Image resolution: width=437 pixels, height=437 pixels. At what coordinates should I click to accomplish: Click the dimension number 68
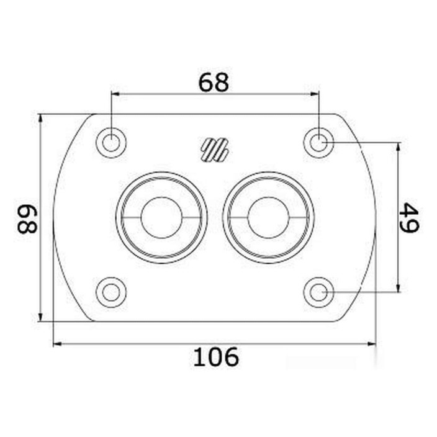pyautogui.click(x=214, y=83)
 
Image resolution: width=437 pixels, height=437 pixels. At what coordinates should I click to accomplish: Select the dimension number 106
pyautogui.click(x=216, y=357)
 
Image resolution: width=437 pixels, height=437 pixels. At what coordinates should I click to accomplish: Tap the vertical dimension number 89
pyautogui.click(x=27, y=219)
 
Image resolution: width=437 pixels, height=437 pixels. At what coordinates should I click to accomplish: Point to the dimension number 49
pyautogui.click(x=409, y=217)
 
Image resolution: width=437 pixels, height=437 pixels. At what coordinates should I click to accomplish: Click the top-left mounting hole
pyautogui.click(x=111, y=143)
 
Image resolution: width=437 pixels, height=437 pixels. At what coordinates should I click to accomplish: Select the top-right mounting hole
pyautogui.click(x=318, y=143)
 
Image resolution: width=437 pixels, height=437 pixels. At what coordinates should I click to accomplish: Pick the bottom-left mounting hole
pyautogui.click(x=111, y=292)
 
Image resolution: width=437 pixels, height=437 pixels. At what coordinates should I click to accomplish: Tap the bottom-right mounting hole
pyautogui.click(x=318, y=292)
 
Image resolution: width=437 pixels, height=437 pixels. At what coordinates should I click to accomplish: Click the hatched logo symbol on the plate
pyautogui.click(x=215, y=150)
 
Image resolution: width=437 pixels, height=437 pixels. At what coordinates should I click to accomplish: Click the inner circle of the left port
pyautogui.click(x=161, y=218)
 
